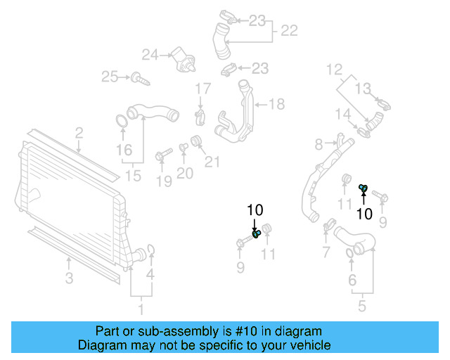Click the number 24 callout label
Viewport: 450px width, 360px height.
pos(150,53)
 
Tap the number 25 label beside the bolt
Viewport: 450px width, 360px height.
pos(109,77)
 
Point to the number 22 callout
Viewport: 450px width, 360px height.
pos(289,31)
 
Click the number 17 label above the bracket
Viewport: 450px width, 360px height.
pos(202,89)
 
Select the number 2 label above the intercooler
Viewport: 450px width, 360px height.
pos(79,132)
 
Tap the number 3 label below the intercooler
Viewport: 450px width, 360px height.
pos(69,278)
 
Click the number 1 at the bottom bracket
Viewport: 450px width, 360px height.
pos(140,308)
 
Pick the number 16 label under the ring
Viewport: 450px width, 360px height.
pos(123,150)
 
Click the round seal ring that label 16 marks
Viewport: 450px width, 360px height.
pos(121,121)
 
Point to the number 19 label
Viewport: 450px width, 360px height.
pos(163,183)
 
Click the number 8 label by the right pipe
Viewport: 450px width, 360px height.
pos(319,144)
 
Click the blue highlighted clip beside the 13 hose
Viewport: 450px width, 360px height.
pos(363,187)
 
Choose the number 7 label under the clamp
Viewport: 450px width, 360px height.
pos(325,252)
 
